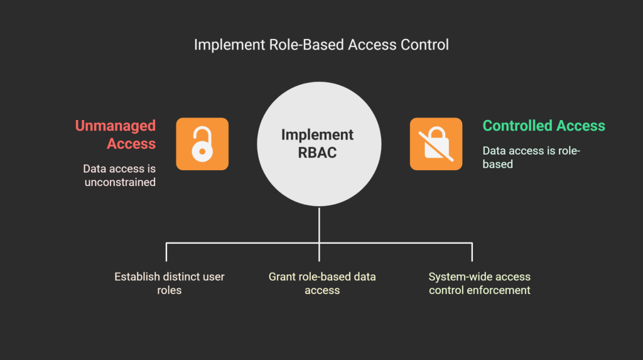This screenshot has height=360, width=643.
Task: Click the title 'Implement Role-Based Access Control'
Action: (x=321, y=45)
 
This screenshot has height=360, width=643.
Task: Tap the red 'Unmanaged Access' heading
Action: (x=116, y=134)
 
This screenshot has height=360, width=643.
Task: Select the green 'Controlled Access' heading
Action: (x=544, y=126)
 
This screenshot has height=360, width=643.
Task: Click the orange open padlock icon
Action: (x=202, y=144)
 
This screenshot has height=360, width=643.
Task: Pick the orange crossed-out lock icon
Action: (x=436, y=144)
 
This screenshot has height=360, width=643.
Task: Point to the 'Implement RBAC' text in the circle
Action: (x=317, y=143)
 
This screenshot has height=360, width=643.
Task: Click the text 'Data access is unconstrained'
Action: (x=119, y=176)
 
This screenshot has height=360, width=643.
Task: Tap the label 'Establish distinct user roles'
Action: (x=169, y=283)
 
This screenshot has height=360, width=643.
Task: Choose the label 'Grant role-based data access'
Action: (x=322, y=283)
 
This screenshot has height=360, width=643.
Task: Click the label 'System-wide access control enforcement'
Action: (x=479, y=283)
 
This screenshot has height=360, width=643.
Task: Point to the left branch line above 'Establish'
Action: (x=166, y=251)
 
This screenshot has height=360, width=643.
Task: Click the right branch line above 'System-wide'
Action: (x=472, y=251)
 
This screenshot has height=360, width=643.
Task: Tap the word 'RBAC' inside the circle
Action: (x=317, y=152)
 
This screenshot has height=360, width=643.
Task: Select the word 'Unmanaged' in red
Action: (x=116, y=126)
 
